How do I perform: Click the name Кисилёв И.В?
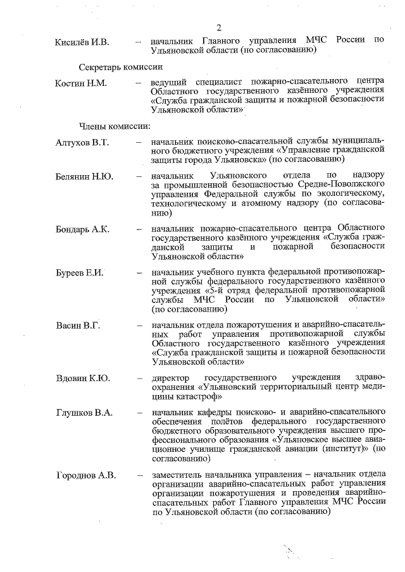pos(83,42)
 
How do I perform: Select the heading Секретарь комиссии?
pos(121,66)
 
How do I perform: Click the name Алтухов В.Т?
pos(83,142)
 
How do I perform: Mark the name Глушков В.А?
pos(84,413)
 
